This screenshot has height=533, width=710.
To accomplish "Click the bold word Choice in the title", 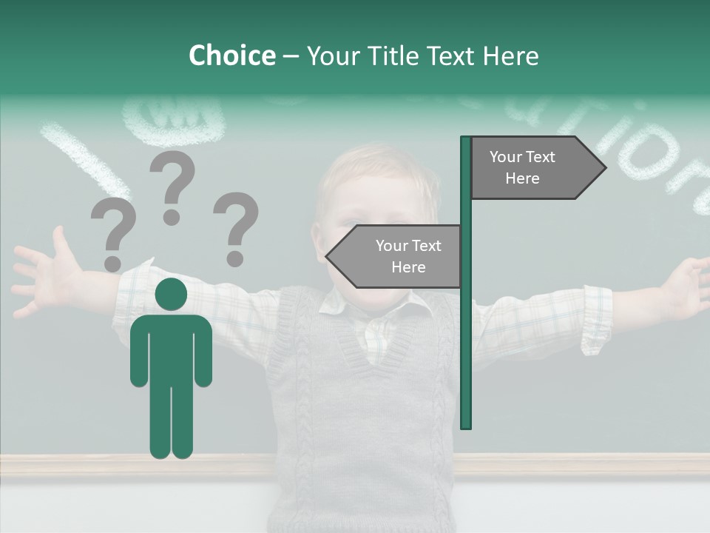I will (231, 56).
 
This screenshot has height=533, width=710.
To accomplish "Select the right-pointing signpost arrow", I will (537, 168).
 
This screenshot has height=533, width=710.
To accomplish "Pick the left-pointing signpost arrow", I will (395, 256).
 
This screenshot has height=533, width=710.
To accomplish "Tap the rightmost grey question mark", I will (236, 229).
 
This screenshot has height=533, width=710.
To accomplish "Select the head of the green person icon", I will (171, 294).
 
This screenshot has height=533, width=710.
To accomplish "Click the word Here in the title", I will (511, 56).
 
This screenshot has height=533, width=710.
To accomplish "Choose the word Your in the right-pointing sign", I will (506, 157).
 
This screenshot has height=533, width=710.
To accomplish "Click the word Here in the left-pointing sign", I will (408, 267).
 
